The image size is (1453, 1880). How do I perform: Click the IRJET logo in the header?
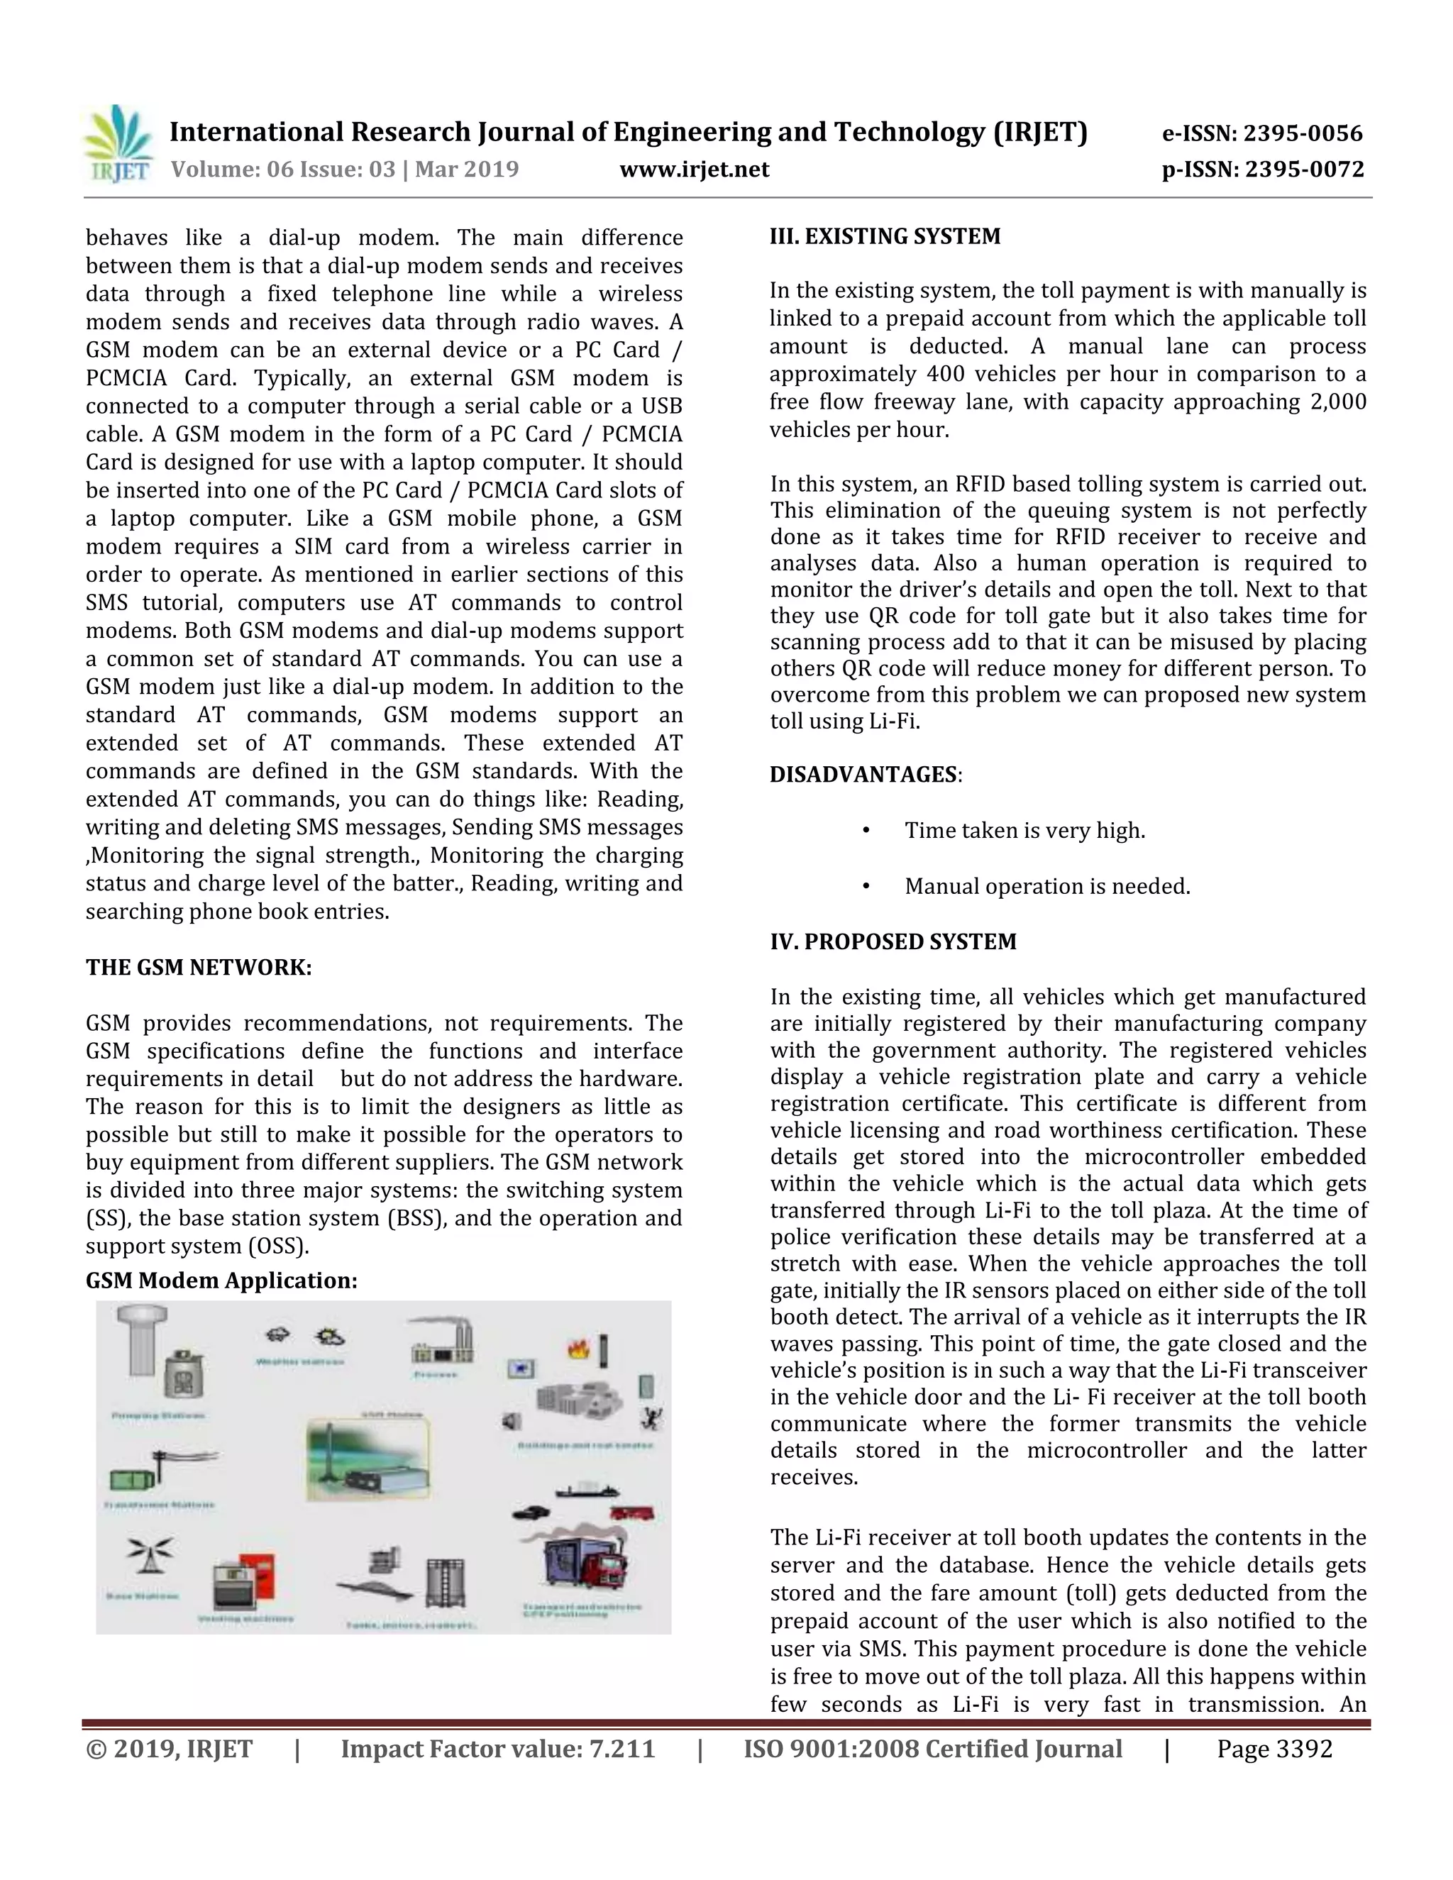click(118, 144)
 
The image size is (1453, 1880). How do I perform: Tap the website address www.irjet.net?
click(694, 169)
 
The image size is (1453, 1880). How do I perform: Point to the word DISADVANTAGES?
click(863, 775)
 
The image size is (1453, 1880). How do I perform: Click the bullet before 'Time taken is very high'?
click(866, 831)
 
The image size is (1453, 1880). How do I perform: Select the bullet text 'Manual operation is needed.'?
click(1046, 887)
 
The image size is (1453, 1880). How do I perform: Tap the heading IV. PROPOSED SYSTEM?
click(893, 941)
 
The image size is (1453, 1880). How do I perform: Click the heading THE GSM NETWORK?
click(198, 968)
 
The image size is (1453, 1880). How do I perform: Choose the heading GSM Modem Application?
click(221, 1281)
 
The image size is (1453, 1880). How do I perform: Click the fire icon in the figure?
click(577, 1348)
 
